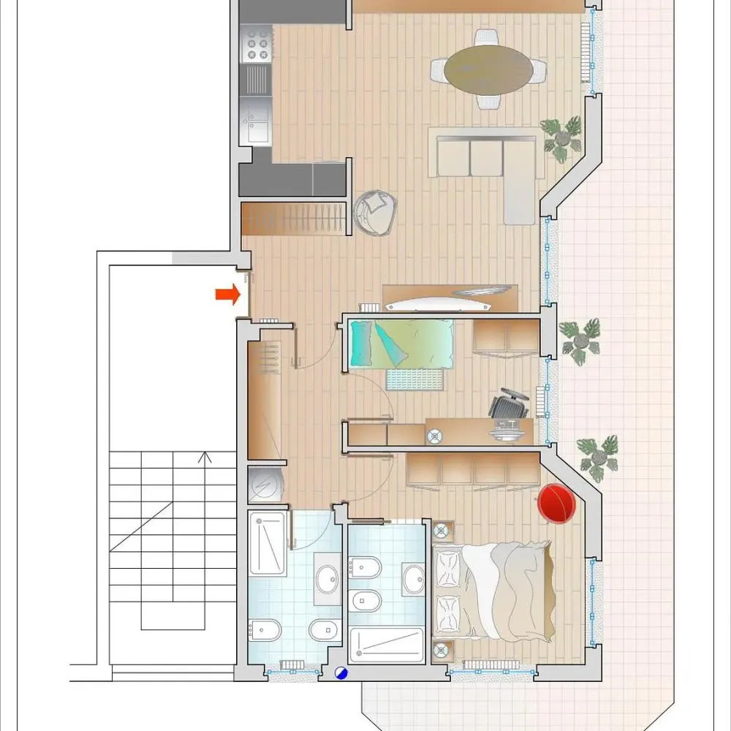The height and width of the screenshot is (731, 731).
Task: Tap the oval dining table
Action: pos(489,69)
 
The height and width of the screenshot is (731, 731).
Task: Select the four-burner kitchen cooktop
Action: pos(257,44)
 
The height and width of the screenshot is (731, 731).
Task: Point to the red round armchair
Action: pos(556,504)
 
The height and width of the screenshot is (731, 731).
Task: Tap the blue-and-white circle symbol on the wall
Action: pos(341,674)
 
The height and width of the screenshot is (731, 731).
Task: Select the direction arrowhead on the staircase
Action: pos(205,458)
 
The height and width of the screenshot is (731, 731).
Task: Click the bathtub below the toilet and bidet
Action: pos(387,644)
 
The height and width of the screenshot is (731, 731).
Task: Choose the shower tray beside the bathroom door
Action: pos(268,544)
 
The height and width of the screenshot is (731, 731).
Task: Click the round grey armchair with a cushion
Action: pos(376,212)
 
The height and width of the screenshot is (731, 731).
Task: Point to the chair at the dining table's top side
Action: pos(486,37)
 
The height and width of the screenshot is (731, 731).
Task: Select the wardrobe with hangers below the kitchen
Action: pos(292,219)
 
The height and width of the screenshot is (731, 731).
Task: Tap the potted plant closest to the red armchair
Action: pos(599,458)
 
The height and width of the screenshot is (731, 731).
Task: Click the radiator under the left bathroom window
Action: pos(292,664)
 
